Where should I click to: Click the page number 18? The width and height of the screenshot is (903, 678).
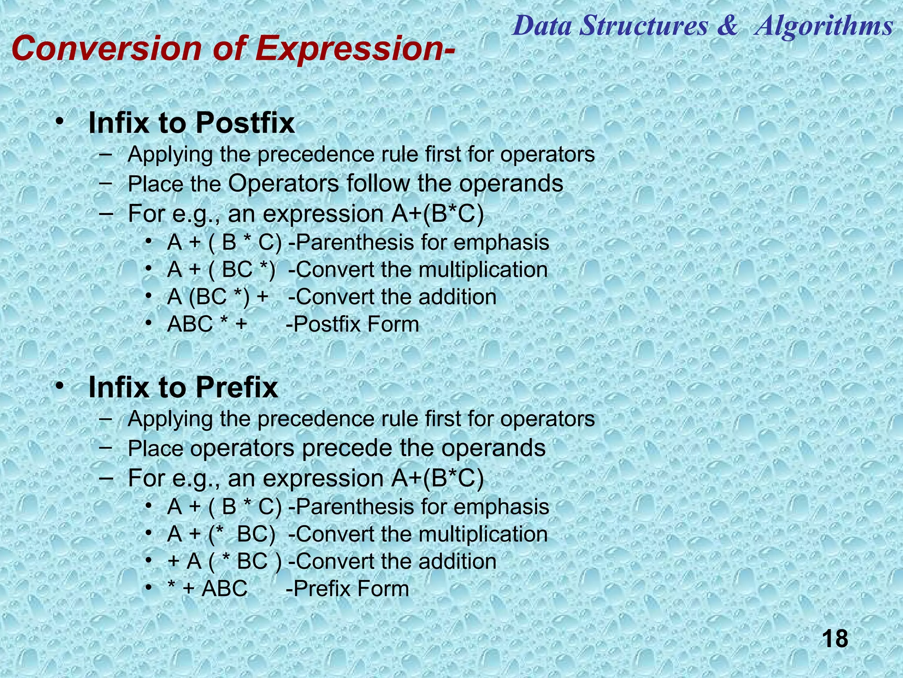coord(835,639)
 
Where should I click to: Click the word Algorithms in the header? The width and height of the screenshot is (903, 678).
coord(824,26)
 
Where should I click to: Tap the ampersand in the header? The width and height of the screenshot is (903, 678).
coord(727,26)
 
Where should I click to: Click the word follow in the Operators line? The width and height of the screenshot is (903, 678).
coord(378,184)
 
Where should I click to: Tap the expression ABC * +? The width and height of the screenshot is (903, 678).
coord(207,324)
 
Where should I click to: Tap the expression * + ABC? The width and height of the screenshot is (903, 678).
coord(207,589)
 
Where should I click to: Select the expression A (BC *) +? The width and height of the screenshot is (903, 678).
coord(218,297)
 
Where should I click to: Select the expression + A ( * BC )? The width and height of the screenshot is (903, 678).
coord(224,561)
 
